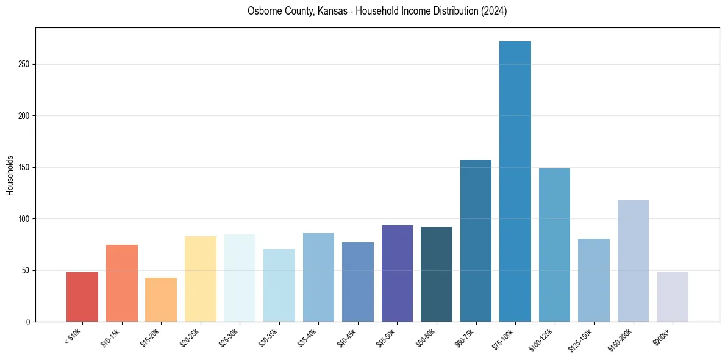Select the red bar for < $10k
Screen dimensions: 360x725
point(82,297)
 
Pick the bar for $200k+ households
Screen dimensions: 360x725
point(673,297)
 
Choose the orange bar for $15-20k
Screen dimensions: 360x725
point(161,300)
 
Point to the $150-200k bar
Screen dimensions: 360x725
point(633,261)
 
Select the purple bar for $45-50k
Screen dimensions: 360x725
point(397,273)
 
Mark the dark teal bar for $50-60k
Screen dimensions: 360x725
point(437,275)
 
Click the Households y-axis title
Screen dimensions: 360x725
point(10,175)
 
